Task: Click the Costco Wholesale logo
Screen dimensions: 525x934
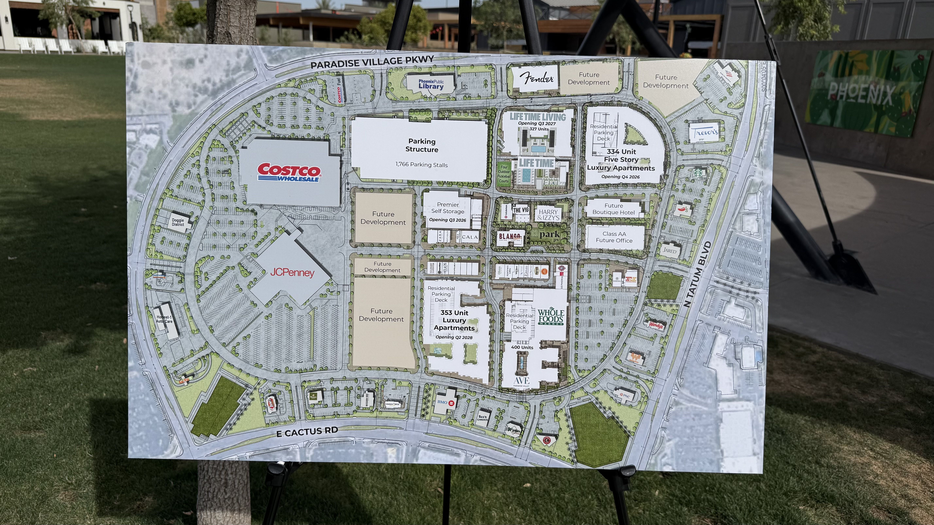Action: point(289,172)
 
